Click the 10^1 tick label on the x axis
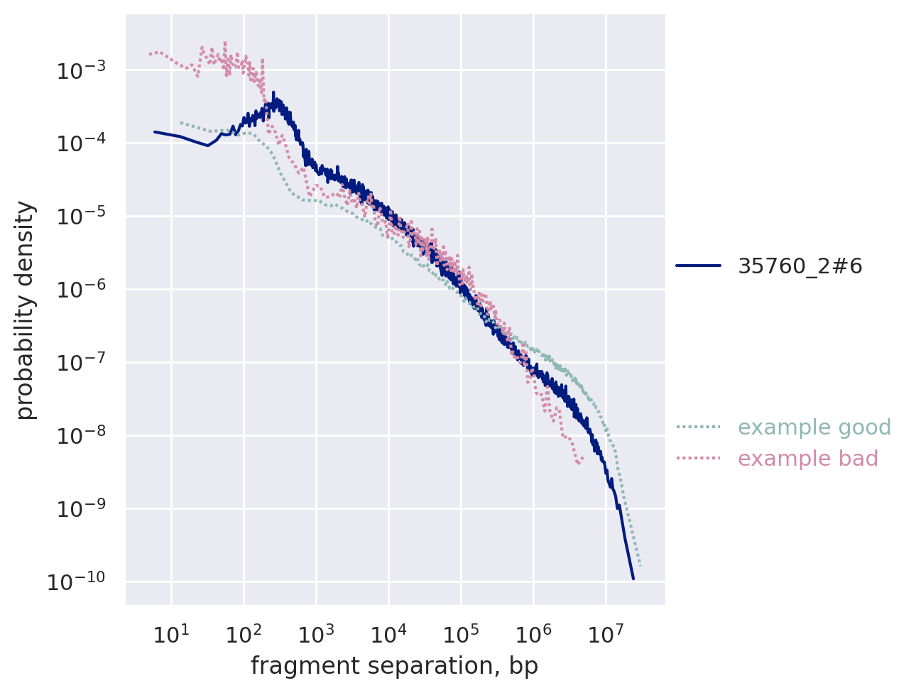coord(171,634)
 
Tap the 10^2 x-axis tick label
coord(244,634)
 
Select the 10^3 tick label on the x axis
coord(316,634)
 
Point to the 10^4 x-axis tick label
coord(388,634)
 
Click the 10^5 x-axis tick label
coord(461,634)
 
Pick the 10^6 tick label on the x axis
coord(533,634)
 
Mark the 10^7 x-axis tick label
coord(606,634)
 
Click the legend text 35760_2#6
coord(800,266)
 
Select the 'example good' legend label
coord(814,427)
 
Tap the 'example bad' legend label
coord(808,459)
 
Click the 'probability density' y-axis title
coord(26,310)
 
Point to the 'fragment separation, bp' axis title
coord(395,667)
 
